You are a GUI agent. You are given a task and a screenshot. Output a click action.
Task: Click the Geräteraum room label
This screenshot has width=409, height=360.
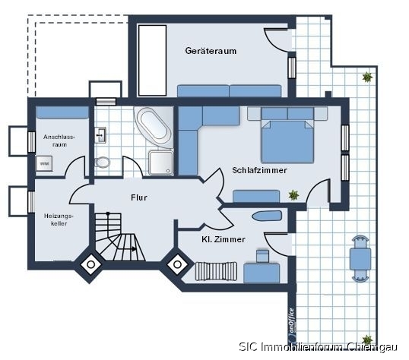211,51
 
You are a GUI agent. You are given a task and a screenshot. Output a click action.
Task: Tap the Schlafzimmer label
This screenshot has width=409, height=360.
259,170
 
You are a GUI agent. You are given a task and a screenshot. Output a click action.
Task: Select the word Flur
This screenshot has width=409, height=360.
139,197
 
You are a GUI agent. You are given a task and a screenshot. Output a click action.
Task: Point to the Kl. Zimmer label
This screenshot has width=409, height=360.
224,239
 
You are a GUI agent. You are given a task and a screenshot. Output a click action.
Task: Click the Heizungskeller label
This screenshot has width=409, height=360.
59,219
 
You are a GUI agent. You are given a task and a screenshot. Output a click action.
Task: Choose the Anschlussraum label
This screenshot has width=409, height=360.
59,141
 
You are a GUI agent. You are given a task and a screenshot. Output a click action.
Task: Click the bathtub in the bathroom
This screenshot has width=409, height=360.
154,127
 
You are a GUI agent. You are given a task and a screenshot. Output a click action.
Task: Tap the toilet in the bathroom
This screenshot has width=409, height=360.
102,162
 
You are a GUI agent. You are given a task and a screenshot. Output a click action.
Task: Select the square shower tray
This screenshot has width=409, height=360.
161,163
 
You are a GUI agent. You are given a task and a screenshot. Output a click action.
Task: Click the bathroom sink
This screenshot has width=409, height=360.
100,135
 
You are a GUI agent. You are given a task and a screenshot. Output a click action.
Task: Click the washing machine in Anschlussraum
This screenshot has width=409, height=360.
44,163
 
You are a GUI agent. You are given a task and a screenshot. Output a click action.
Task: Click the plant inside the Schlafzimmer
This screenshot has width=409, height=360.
293,194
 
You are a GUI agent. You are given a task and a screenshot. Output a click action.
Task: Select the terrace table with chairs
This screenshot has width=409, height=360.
360,259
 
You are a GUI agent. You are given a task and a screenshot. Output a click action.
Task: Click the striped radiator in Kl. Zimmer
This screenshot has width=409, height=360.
216,271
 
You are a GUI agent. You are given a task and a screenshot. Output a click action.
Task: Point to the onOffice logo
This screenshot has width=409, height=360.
291,326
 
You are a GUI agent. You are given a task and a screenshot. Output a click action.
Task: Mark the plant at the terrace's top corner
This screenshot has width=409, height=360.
367,77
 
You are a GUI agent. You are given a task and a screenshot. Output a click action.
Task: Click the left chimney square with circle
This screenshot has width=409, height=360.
90,264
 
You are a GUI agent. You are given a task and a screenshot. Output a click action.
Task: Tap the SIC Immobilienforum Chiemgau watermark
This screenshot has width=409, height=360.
319,347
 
